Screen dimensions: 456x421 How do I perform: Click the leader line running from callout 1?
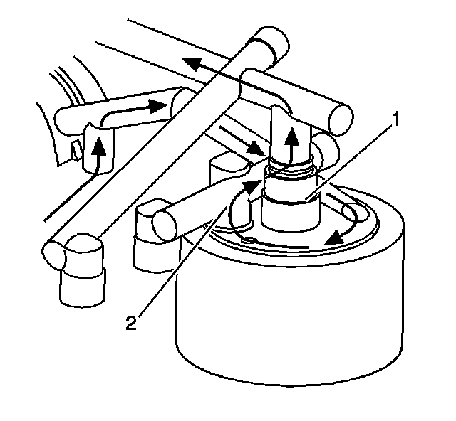[x=349, y=161]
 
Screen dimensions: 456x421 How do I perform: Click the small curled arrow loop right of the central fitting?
[x=351, y=212]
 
